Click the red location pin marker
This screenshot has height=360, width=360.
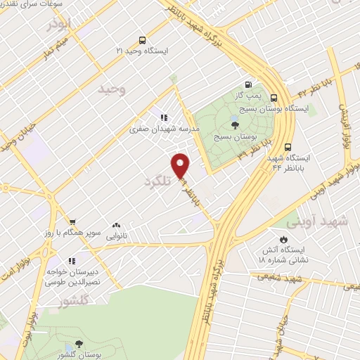pyautogui.click(x=182, y=166)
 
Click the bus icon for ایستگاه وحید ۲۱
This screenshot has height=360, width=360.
pyautogui.click(x=143, y=40)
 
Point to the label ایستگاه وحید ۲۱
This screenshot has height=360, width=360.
pyautogui.click(x=143, y=51)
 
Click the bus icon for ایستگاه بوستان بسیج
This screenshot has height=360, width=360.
pyautogui.click(x=274, y=98)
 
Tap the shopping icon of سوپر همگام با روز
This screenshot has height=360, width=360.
pyautogui.click(x=71, y=221)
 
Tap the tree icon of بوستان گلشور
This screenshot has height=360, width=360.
pyautogui.click(x=78, y=342)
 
